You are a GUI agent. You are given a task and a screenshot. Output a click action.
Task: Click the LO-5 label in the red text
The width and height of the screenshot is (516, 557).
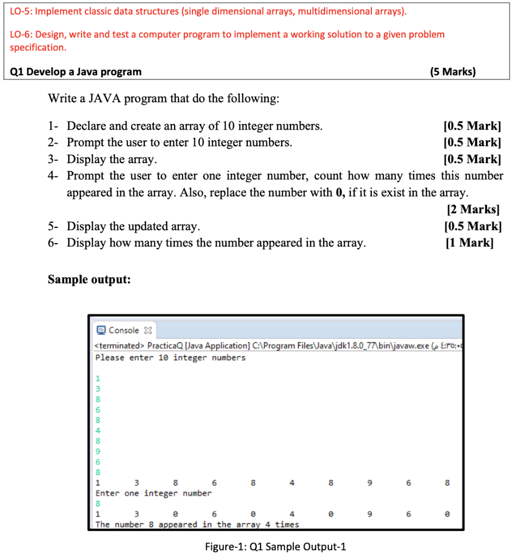22,11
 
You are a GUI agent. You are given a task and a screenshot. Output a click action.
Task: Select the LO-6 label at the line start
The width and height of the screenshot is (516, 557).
22,34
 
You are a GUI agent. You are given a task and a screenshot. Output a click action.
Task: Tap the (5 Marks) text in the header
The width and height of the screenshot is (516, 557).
452,72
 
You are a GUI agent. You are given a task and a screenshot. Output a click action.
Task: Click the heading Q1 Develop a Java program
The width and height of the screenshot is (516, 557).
76,72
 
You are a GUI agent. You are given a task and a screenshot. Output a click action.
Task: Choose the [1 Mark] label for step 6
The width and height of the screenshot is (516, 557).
469,243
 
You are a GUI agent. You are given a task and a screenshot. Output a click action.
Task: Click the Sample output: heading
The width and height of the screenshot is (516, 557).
89,280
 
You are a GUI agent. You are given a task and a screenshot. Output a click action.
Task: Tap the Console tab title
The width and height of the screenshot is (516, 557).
123,330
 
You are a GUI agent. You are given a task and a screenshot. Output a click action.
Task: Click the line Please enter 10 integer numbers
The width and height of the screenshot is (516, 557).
170,357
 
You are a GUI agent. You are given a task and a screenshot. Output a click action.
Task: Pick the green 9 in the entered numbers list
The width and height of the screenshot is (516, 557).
98,451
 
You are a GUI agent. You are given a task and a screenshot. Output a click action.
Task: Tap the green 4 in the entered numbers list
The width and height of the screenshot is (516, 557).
98,430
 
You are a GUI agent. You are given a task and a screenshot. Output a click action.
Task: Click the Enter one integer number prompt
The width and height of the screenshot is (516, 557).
153,493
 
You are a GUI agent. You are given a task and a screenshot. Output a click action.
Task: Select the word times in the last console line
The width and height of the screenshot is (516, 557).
287,524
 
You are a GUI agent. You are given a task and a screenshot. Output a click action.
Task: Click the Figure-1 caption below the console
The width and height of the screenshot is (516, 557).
275,547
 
